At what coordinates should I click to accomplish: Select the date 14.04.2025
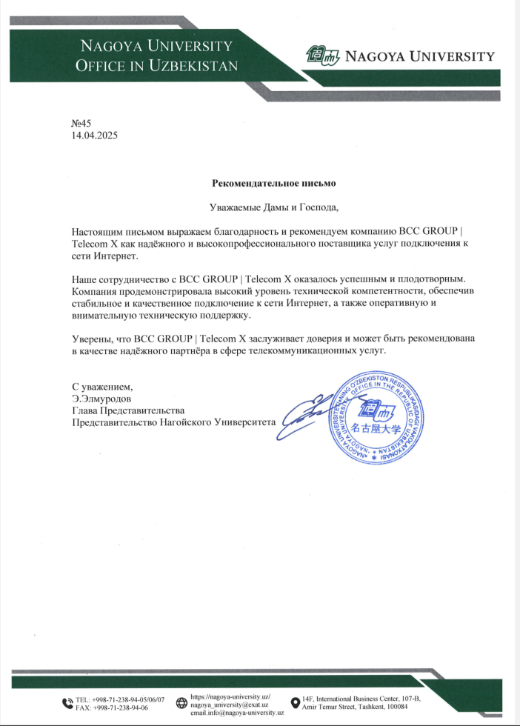tap(94, 136)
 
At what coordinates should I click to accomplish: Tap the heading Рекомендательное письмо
tap(274, 182)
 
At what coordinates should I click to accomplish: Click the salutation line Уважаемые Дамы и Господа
tap(274, 207)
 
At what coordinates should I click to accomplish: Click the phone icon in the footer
tap(67, 703)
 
